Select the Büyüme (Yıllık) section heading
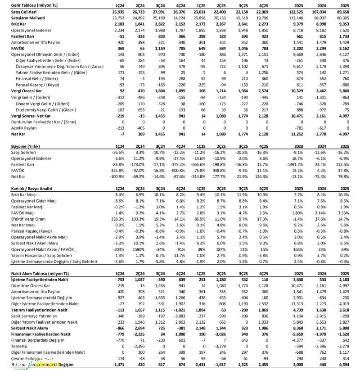pos(26,146)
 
